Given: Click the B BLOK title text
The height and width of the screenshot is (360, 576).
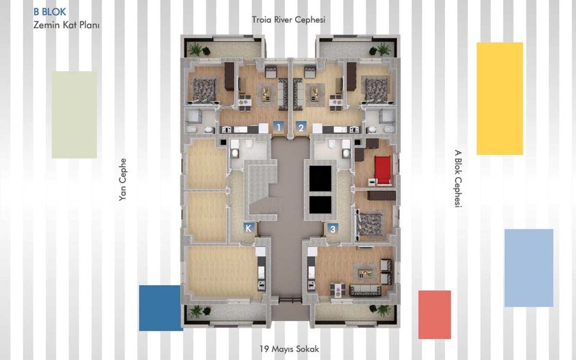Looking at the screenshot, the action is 50,12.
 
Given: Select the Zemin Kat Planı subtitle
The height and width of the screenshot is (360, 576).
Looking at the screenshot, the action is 66,25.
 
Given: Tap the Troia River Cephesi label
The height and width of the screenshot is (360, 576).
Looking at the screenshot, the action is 289,19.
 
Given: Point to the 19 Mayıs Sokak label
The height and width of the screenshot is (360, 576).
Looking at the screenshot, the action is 289,348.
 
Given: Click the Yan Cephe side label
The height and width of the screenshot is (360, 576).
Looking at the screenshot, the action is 122,179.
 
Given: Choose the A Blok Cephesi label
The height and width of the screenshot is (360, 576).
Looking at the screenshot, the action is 458,179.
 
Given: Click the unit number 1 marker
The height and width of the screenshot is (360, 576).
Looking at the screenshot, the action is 279,127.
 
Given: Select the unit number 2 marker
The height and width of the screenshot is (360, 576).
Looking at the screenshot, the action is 301,127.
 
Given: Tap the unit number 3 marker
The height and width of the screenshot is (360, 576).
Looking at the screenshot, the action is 333,228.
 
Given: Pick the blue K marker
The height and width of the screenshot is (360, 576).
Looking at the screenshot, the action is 248,228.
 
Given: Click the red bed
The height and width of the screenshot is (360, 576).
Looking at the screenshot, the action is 383,169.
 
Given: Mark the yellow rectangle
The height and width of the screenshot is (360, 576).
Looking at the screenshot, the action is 500,99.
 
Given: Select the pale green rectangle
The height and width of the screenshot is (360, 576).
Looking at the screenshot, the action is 74,114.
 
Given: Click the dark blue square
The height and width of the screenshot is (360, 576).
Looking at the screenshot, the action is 160,308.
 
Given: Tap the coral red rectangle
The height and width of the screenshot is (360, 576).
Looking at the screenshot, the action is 435,315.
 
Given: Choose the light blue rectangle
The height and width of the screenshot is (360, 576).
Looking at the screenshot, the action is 528,268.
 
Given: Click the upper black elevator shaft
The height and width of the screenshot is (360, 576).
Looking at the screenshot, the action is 320,179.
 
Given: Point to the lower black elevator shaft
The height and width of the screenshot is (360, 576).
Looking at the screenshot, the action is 320,205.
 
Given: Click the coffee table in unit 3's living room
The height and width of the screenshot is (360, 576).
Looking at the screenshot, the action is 365,273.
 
